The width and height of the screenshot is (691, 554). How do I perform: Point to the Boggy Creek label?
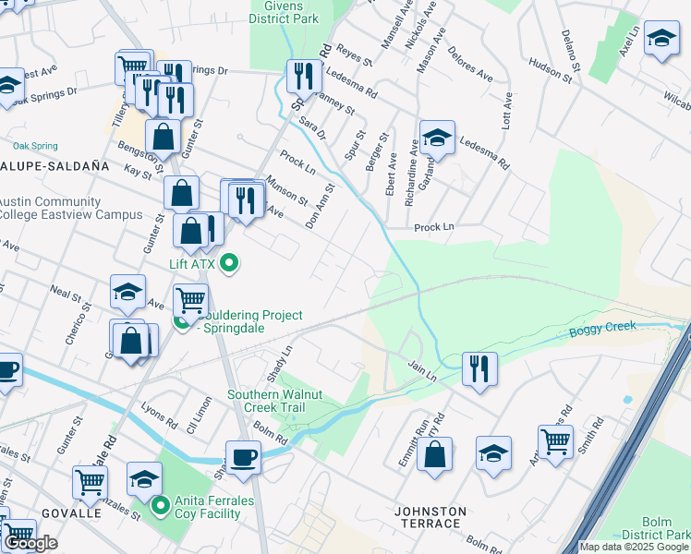(603, 328)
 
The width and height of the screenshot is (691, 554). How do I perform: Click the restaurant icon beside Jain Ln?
(479, 367)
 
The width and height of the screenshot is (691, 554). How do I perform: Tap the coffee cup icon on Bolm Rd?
(244, 456)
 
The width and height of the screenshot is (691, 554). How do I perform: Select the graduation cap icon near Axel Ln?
(661, 38)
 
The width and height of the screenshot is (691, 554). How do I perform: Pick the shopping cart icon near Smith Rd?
(555, 440)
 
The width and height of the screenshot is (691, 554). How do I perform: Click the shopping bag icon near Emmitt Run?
(434, 453)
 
